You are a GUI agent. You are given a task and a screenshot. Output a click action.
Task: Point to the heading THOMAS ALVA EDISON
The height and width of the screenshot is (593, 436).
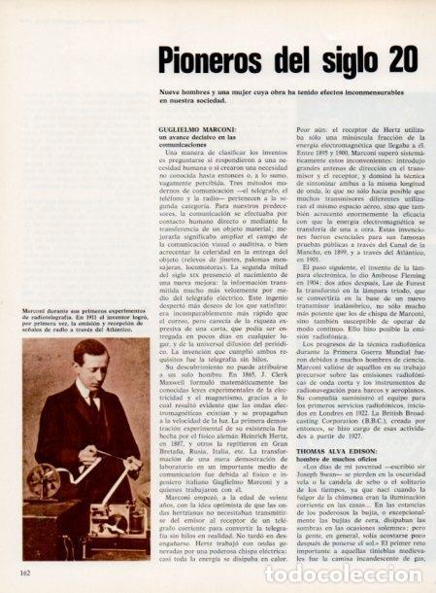click(x=328, y=411)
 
